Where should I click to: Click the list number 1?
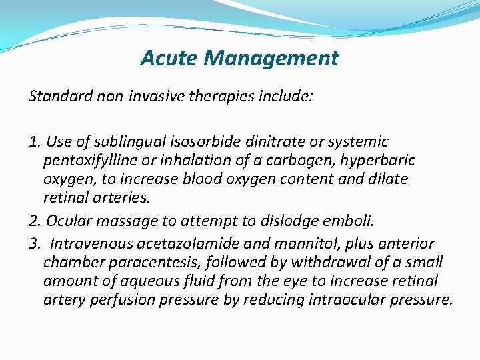[34, 142]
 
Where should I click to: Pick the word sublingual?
[122, 142]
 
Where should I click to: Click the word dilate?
[389, 179]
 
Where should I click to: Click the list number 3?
[34, 244]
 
